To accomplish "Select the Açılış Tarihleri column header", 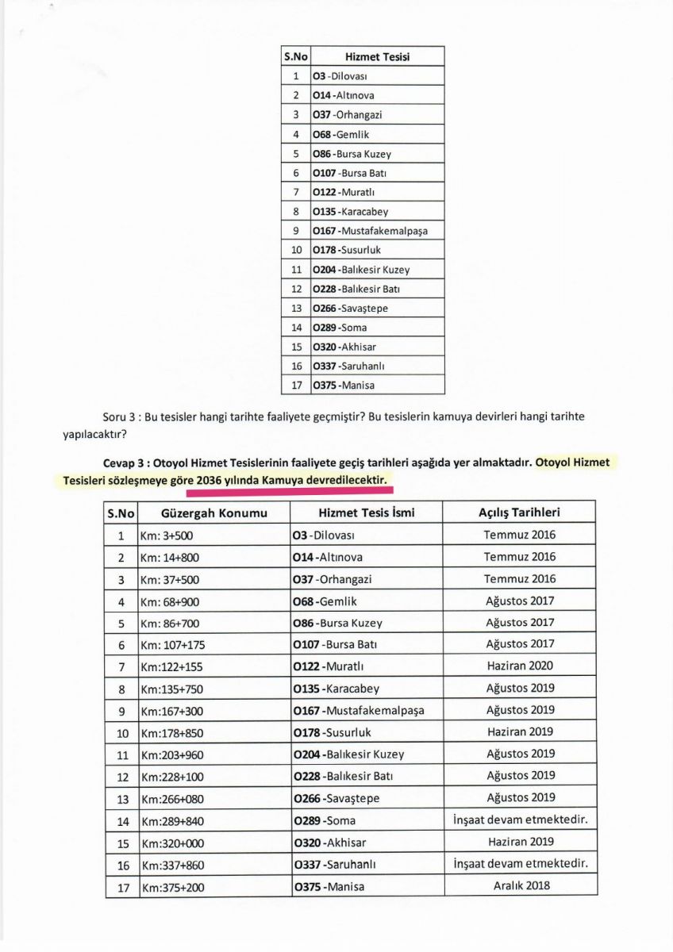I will point(520,512).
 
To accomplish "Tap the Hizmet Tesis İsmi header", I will point(367,513).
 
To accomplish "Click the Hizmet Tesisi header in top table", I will point(377,57).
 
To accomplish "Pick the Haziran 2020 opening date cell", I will point(520,666).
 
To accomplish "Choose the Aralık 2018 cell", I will point(520,885).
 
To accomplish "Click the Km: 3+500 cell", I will point(167,535).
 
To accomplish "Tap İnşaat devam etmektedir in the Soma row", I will point(520,820).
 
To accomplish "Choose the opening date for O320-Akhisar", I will point(520,842).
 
